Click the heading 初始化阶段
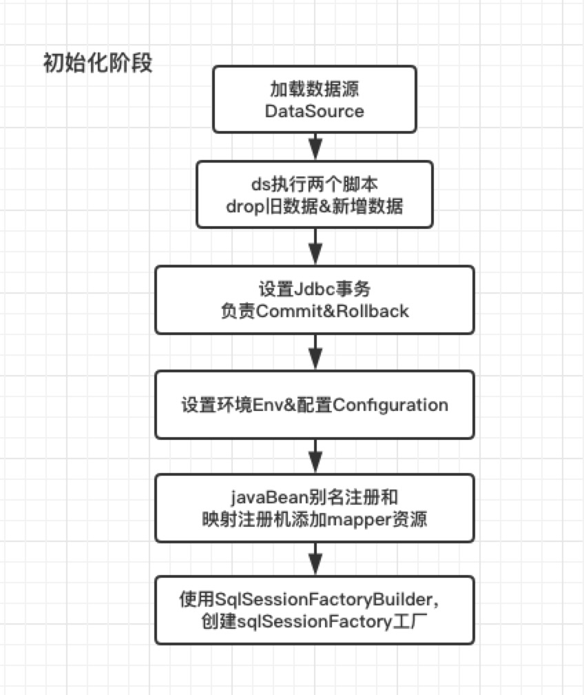point(97,64)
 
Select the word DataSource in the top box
point(315,111)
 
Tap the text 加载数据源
point(315,89)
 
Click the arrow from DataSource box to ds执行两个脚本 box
point(315,146)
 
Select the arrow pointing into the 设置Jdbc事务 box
point(315,247)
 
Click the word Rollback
point(374,311)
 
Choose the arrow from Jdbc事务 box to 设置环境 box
point(315,352)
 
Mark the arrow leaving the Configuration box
point(315,456)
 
